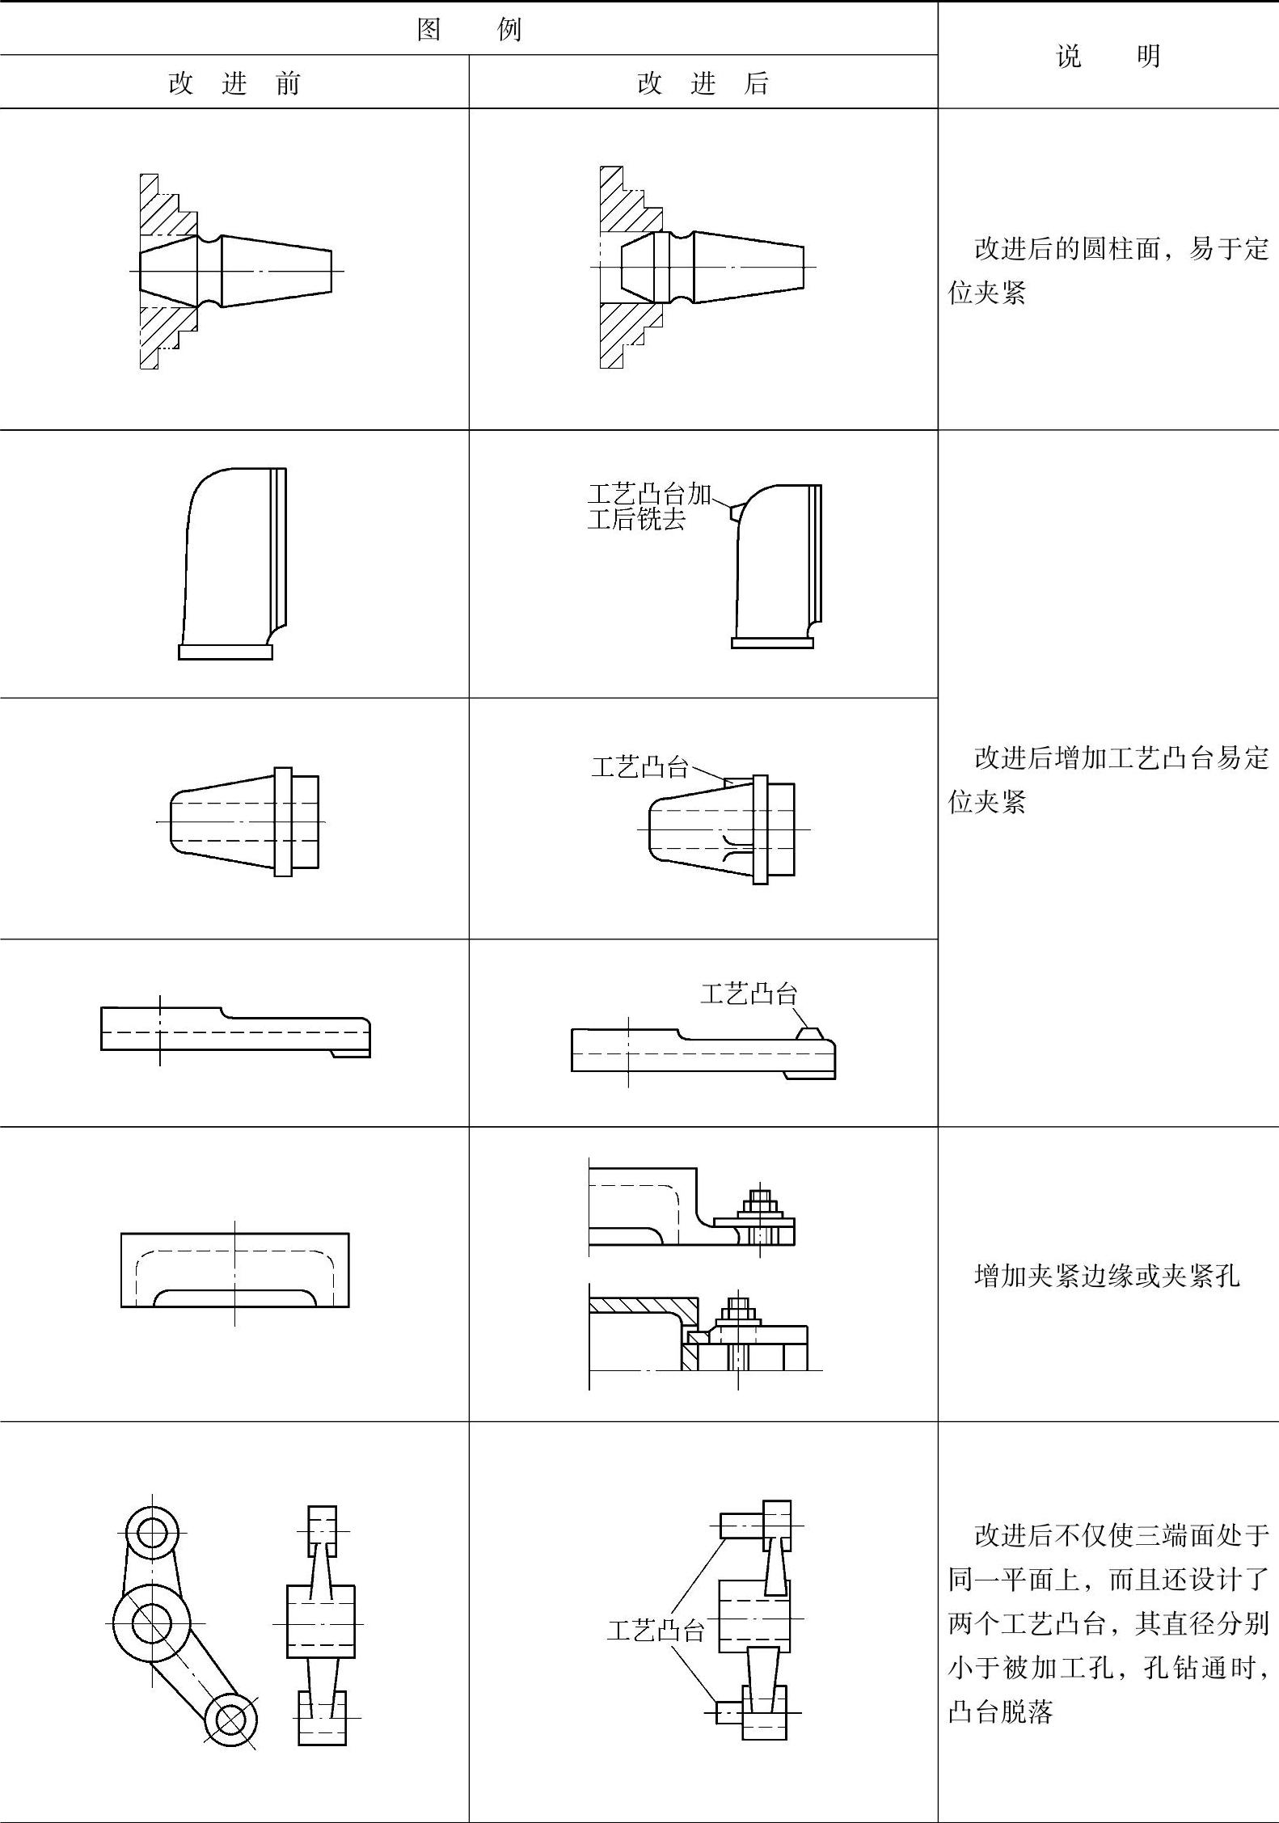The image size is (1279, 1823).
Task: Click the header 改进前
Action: pyautogui.click(x=234, y=83)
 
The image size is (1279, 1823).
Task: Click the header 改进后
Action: pyautogui.click(x=703, y=83)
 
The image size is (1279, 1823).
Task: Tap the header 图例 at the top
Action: pyautogui.click(x=469, y=30)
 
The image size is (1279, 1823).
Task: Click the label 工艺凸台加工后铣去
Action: pyautogui.click(x=648, y=507)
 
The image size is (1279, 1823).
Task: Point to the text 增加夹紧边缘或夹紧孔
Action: pyautogui.click(x=1107, y=1276)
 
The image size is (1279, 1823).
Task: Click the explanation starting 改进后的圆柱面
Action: pyautogui.click(x=1108, y=270)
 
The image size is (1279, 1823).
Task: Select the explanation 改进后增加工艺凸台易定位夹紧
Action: pyautogui.click(x=1108, y=779)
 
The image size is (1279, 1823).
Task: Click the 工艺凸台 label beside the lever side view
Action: pyautogui.click(x=656, y=1631)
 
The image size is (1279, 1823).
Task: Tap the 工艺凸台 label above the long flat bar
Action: pyautogui.click(x=749, y=994)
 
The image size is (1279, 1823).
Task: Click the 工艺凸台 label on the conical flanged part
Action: pyautogui.click(x=639, y=766)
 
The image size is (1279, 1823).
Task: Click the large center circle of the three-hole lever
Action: pyautogui.click(x=150, y=1623)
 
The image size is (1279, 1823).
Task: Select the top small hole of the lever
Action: pyautogui.click(x=152, y=1532)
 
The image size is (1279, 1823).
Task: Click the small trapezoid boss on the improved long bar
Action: pyautogui.click(x=809, y=1034)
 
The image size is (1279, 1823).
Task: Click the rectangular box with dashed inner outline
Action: pyautogui.click(x=235, y=1270)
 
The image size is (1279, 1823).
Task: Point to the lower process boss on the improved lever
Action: pyautogui.click(x=729, y=1712)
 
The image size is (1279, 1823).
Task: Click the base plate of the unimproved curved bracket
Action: pyautogui.click(x=226, y=652)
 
